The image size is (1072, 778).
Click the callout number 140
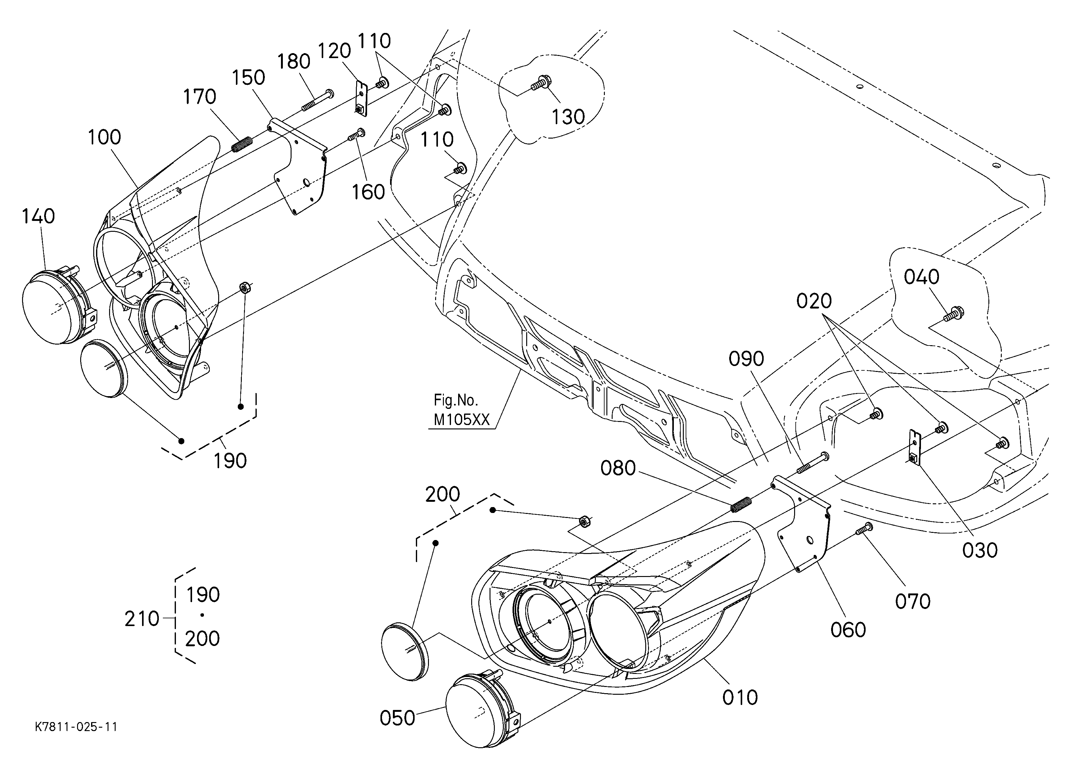click(x=38, y=216)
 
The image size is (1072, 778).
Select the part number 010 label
click(x=740, y=698)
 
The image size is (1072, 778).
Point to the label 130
click(x=568, y=117)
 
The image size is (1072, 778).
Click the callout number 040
click(x=922, y=277)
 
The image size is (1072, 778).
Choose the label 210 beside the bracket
click(x=142, y=619)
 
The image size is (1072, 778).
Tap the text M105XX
click(x=462, y=419)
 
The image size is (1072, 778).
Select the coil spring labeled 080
click(x=741, y=505)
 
